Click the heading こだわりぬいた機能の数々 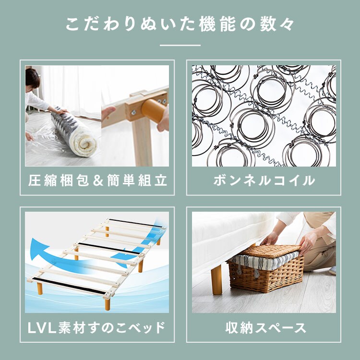[x=180, y=24]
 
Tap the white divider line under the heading [x=180, y=45]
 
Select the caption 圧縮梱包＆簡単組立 [x=97, y=180]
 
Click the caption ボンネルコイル [x=264, y=180]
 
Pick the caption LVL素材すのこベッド [x=96, y=327]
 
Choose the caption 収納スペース [x=265, y=327]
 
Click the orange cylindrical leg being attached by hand [x=153, y=110]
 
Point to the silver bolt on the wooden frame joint [x=133, y=112]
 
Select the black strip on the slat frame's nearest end [x=69, y=286]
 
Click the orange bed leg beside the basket [x=217, y=279]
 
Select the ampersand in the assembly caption [x=98, y=180]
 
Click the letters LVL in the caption [x=42, y=328]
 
